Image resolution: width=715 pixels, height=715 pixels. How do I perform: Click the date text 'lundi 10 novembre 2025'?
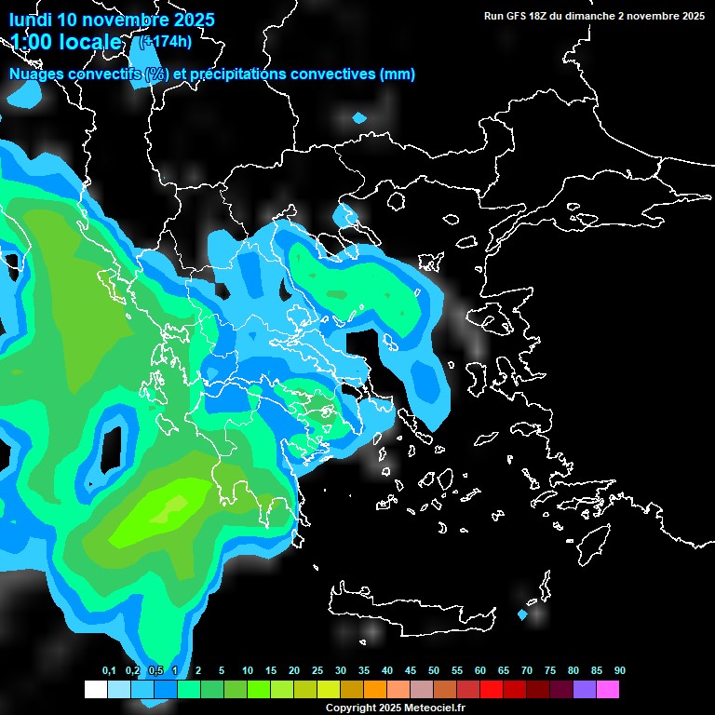point(112,20)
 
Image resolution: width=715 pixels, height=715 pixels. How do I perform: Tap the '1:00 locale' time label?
point(66,42)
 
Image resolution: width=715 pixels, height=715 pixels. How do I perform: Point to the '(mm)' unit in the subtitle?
point(398,74)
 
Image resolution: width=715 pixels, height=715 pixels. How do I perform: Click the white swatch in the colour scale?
point(95,690)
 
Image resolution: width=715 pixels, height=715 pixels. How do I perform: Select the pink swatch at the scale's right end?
point(607,690)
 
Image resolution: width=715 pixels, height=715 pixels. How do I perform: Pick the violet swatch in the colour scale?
point(584,690)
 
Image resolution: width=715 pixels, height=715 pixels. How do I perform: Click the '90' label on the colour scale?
point(620,671)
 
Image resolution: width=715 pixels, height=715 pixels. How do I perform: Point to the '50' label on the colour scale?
point(434,671)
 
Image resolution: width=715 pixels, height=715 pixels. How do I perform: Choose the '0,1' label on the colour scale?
point(109,671)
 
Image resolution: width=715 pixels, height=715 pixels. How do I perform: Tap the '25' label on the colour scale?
point(317,671)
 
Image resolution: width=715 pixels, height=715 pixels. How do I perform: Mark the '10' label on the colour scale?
point(248,671)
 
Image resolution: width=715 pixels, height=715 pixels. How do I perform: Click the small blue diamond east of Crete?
point(522,614)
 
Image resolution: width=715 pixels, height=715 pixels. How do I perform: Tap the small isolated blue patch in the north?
point(359,118)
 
